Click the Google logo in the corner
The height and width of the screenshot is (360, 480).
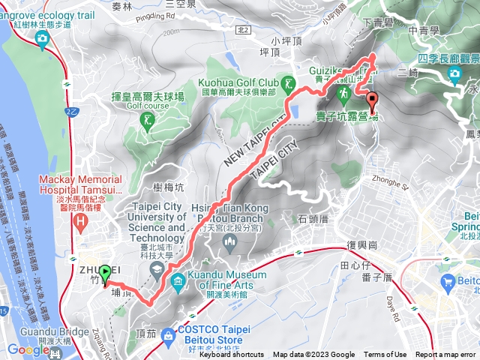tap(28, 349)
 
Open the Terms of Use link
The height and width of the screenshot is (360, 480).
tap(385, 355)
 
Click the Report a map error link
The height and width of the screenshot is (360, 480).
tap(447, 355)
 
